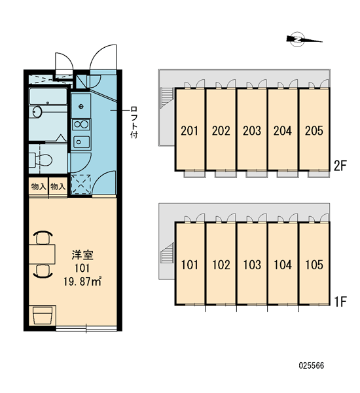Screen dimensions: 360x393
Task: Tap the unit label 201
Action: pos(189,130)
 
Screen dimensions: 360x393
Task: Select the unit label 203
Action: pos(252,130)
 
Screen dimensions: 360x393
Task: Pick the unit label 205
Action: pos(314,130)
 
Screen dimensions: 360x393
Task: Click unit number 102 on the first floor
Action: pos(221,265)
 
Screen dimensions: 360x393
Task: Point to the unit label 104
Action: pos(283,265)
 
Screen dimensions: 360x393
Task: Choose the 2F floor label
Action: pos(340,166)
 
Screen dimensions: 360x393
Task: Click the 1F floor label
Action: pos(340,301)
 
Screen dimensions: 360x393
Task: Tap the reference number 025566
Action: pos(312,365)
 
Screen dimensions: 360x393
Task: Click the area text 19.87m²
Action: pos(82,282)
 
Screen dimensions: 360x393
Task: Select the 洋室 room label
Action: pos(82,255)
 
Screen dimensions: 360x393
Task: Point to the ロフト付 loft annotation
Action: pos(134,122)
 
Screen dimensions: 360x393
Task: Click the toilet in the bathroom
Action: pos(40,160)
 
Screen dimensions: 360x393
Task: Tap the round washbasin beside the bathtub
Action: pos(37,111)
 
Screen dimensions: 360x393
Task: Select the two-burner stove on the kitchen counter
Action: pos(81,124)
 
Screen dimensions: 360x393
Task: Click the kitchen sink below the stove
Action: pos(81,142)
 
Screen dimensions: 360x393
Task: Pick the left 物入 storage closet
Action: pos(39,186)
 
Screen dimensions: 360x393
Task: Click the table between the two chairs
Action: pos(42,254)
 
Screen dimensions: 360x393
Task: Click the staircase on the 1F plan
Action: pos(167,253)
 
